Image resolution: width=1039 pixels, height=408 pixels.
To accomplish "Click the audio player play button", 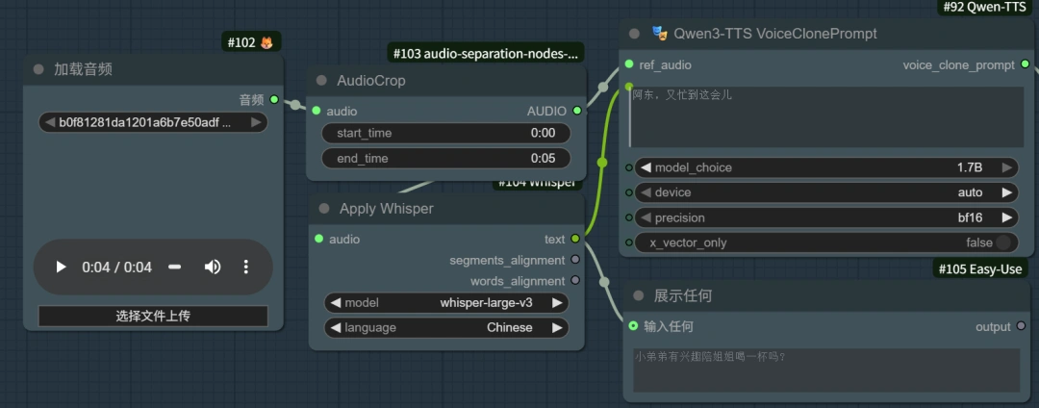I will coord(61,268).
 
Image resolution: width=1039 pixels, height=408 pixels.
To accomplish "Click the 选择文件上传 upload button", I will coord(153,316).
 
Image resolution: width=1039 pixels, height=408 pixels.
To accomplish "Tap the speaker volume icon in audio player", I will coord(213,268).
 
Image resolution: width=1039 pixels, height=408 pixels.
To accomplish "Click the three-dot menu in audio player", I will coord(246,268).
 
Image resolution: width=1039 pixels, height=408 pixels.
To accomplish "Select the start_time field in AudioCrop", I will coord(445,133).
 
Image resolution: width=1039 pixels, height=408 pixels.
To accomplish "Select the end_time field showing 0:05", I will coord(445,158).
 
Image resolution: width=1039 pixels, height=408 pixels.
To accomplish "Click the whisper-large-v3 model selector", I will coord(446,302).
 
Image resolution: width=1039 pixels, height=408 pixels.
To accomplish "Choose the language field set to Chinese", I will coord(446,327).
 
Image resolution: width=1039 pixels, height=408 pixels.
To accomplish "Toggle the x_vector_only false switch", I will coord(1004,242).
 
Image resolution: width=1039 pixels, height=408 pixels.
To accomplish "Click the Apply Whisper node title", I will coord(387,209).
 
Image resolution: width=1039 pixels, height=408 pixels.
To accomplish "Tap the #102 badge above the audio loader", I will coord(250,42).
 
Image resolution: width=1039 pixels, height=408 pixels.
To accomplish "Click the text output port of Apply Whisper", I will coord(575,239).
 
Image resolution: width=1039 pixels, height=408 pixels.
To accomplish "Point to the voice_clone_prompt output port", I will coord(1025,64).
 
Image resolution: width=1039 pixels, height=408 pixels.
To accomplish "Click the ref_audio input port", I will coord(629,64).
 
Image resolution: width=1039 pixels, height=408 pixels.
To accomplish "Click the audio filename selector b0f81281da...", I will coord(153,122).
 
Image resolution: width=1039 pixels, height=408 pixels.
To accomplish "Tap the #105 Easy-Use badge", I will coord(980,268).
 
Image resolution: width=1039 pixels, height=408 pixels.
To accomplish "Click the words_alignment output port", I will coord(575,281).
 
